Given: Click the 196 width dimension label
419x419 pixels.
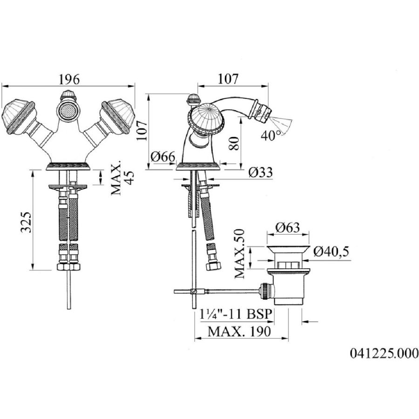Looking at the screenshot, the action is (x=69, y=79).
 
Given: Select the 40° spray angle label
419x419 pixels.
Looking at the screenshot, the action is (x=271, y=136).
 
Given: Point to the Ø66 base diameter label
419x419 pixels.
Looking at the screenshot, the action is (x=163, y=156).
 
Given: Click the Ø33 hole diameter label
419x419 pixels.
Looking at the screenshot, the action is (x=261, y=172).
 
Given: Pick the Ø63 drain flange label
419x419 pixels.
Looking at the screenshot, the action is (x=288, y=228).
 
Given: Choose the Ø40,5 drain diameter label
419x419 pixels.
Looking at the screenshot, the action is (x=331, y=252).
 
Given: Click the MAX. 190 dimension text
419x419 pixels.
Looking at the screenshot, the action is (x=239, y=331).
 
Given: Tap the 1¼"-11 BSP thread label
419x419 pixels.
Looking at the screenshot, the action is (x=236, y=314).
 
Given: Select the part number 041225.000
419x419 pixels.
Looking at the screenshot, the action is (x=384, y=353).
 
